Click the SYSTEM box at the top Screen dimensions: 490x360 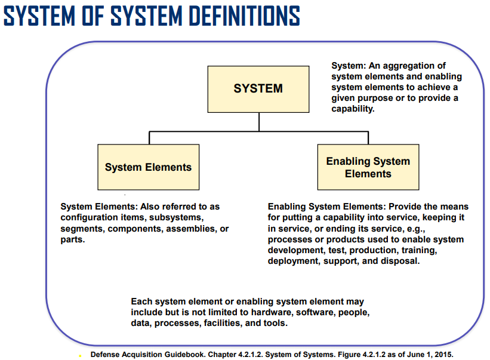[258, 89]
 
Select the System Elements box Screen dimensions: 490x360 [149, 167]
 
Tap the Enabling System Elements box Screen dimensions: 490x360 [368, 167]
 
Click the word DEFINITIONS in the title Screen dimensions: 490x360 [244, 16]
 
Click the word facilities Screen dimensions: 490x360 [223, 323]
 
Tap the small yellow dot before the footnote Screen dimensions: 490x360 [80, 356]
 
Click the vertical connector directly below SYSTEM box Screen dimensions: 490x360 [259, 122]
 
